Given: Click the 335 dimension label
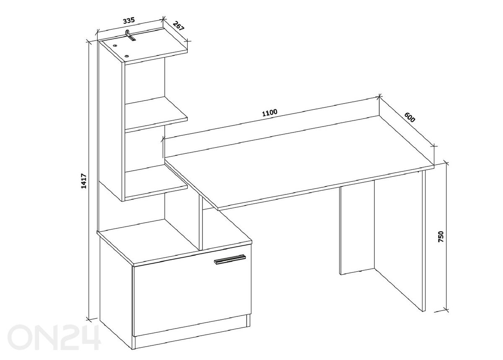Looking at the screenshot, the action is click(x=129, y=21).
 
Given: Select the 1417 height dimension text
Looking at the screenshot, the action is click(x=84, y=181).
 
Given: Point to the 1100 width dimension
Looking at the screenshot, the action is click(x=270, y=112).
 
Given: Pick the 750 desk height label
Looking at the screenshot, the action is click(x=441, y=236).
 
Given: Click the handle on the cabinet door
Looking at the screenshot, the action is click(x=230, y=259).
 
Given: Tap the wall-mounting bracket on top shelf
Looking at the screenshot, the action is click(x=130, y=36).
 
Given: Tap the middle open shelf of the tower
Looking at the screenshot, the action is click(x=156, y=114).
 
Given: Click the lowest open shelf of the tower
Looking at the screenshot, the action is click(x=156, y=182).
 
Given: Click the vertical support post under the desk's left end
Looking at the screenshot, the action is click(x=201, y=223).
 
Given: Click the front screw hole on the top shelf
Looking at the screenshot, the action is click(x=127, y=56).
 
